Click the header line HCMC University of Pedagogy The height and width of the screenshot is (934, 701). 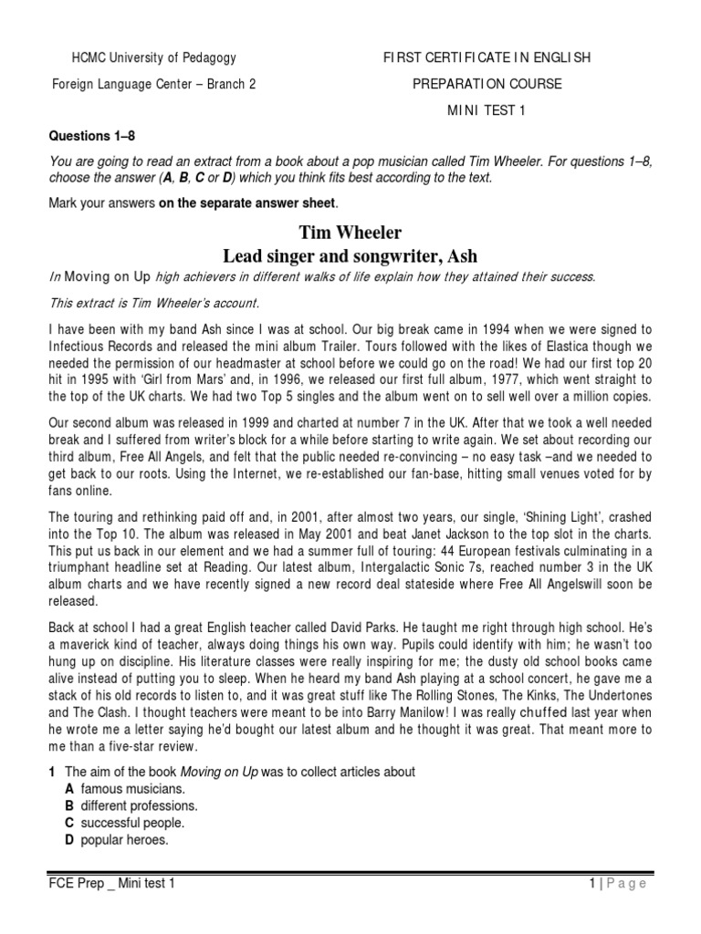tap(153, 57)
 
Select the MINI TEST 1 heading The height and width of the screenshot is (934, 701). tap(486, 110)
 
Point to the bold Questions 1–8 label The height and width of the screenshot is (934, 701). tap(90, 137)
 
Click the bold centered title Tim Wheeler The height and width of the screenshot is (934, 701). tap(350, 233)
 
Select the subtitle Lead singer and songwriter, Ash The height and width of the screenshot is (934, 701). tap(350, 255)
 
